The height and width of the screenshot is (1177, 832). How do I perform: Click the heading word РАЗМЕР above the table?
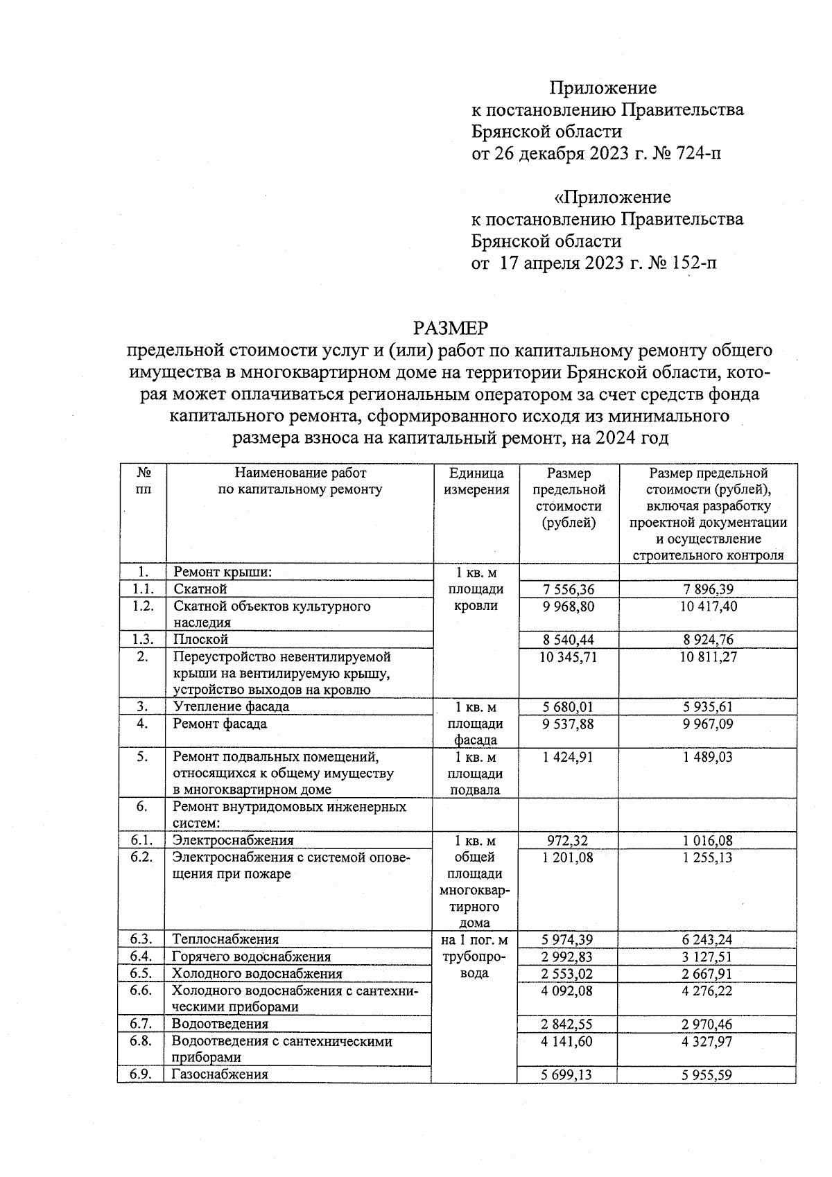[x=451, y=327]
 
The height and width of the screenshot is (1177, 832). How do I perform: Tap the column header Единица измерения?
[x=476, y=481]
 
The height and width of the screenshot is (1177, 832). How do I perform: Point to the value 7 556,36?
[x=567, y=589]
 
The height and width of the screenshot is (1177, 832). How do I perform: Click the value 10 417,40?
[x=708, y=606]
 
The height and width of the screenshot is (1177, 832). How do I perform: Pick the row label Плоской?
[x=201, y=639]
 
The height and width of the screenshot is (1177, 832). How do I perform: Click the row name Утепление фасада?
[x=232, y=706]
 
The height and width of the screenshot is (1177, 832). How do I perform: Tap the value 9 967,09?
[x=708, y=724]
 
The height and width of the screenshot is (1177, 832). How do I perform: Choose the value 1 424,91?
[x=567, y=757]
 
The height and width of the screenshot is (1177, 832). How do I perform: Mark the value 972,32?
[x=567, y=840]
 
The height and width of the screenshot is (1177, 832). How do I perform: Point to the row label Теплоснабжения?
[x=225, y=939]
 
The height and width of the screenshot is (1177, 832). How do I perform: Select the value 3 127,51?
[x=708, y=957]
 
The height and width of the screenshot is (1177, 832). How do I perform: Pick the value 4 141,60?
[x=567, y=1041]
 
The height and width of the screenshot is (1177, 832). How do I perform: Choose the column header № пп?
[x=144, y=481]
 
